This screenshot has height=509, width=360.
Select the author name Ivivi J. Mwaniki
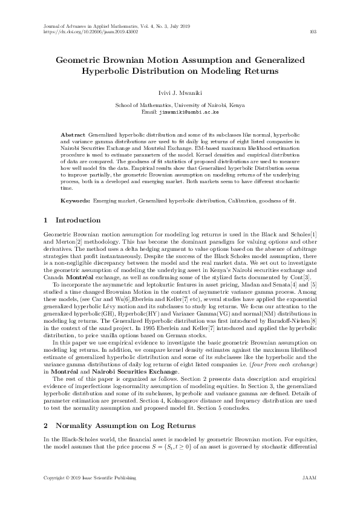pos(180,93)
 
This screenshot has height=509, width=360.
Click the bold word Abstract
pos(74,132)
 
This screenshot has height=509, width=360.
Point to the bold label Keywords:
pos(76,199)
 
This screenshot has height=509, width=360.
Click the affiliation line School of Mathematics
pos(180,105)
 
